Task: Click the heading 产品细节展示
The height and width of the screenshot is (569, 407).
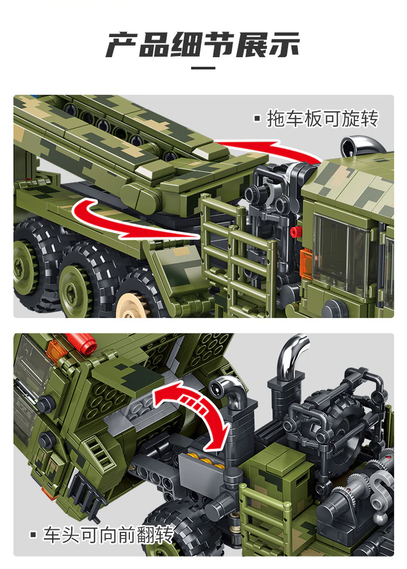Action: point(203,45)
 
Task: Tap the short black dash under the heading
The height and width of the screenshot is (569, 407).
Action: point(203,68)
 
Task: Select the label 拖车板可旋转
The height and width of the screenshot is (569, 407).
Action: point(322,118)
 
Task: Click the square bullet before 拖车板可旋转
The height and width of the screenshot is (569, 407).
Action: point(257,118)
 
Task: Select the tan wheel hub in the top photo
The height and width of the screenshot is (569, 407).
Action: point(130,303)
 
